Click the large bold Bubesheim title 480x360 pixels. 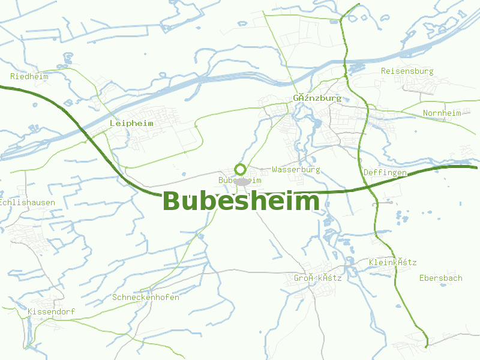coord(241,202)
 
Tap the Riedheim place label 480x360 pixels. coord(29,76)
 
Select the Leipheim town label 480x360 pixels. coord(131,123)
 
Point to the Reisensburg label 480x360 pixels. coord(407,71)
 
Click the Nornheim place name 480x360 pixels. coord(442,113)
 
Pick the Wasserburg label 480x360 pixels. coord(296,170)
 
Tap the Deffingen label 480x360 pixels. coord(385,173)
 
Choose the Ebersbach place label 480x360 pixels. coord(440,278)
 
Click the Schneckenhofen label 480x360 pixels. coord(145,297)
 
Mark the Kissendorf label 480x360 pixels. coord(51,312)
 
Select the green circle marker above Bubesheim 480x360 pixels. coord(240,169)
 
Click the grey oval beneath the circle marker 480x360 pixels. coord(242,181)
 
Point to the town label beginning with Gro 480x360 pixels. coord(317,278)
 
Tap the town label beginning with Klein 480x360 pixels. coord(392,262)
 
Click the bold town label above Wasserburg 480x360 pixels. coord(317,98)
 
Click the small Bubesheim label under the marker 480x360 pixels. coord(240,180)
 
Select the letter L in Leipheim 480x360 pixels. coord(112,123)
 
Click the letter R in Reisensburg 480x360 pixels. coord(384,71)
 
